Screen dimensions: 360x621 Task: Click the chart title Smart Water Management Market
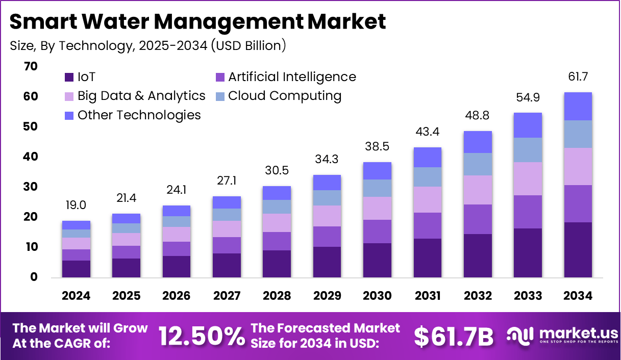(x=197, y=22)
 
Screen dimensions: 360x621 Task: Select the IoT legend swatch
(x=69, y=78)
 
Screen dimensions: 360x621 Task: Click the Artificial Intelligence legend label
(x=292, y=77)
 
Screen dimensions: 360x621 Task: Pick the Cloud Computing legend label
(x=285, y=96)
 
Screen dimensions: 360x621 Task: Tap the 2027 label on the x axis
(x=227, y=296)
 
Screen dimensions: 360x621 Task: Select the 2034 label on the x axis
(x=578, y=296)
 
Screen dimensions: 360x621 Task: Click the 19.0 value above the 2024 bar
(x=76, y=205)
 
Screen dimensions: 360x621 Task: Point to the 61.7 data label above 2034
(x=578, y=77)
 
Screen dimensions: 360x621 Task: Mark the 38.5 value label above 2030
(x=377, y=147)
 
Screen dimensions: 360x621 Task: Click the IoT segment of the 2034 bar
(x=578, y=250)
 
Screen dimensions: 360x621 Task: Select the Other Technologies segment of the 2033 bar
(x=528, y=125)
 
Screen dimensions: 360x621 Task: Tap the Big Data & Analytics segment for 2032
(x=478, y=190)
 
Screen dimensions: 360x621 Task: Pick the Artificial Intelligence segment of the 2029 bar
(x=327, y=237)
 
